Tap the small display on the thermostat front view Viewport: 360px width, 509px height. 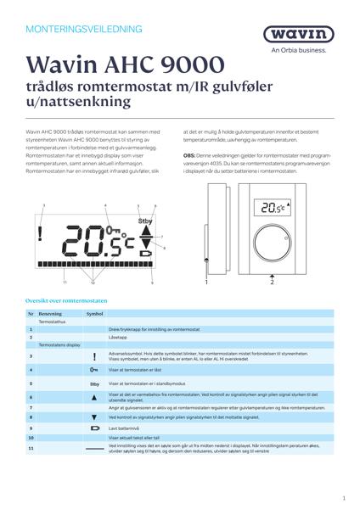click(271, 207)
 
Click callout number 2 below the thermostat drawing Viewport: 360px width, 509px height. click(272, 283)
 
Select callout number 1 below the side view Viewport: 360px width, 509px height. click(206, 279)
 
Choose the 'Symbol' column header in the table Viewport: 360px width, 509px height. click(94, 313)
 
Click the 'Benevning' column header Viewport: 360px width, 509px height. click(51, 313)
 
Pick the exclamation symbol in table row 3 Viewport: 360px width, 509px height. click(94, 357)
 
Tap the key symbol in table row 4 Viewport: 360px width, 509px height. click(94, 370)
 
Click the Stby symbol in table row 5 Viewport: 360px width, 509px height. click(94, 383)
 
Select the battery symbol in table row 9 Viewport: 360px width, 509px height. click(94, 429)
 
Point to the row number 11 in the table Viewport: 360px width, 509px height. click(31, 447)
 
